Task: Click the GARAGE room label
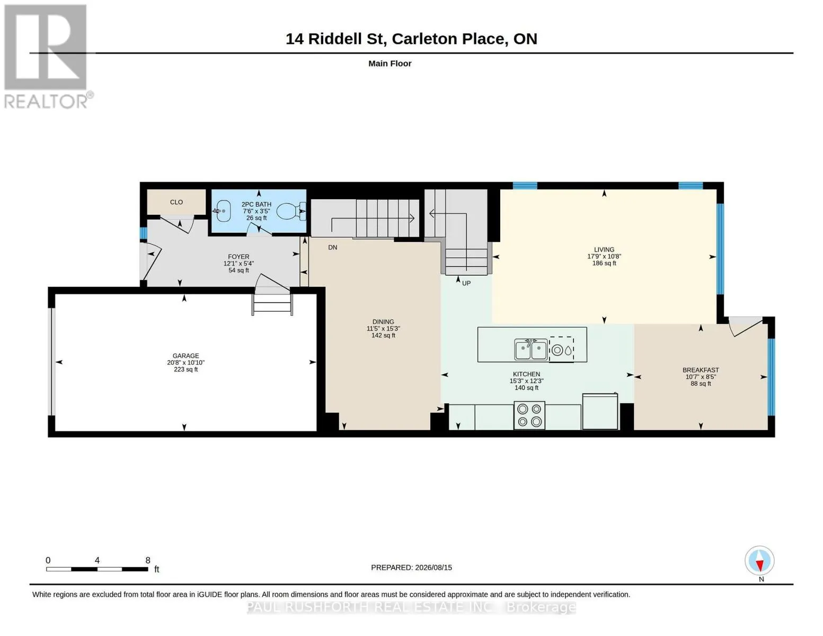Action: click(185, 356)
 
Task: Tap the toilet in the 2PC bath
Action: click(291, 211)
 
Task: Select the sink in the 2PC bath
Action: click(223, 211)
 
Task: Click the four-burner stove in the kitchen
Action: click(529, 415)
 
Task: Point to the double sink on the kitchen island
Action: click(530, 349)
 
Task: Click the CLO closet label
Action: click(176, 202)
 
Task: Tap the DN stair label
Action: click(332, 248)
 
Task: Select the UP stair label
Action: click(466, 283)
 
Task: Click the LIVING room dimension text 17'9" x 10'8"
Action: click(604, 257)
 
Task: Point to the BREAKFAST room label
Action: click(701, 370)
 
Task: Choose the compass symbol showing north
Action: click(759, 561)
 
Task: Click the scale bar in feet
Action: click(97, 569)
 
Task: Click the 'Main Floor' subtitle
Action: click(390, 64)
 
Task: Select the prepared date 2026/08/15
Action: click(433, 568)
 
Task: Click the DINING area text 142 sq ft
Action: click(383, 335)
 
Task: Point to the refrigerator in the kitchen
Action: click(600, 411)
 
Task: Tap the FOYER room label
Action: click(238, 257)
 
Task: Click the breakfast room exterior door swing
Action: click(745, 326)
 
